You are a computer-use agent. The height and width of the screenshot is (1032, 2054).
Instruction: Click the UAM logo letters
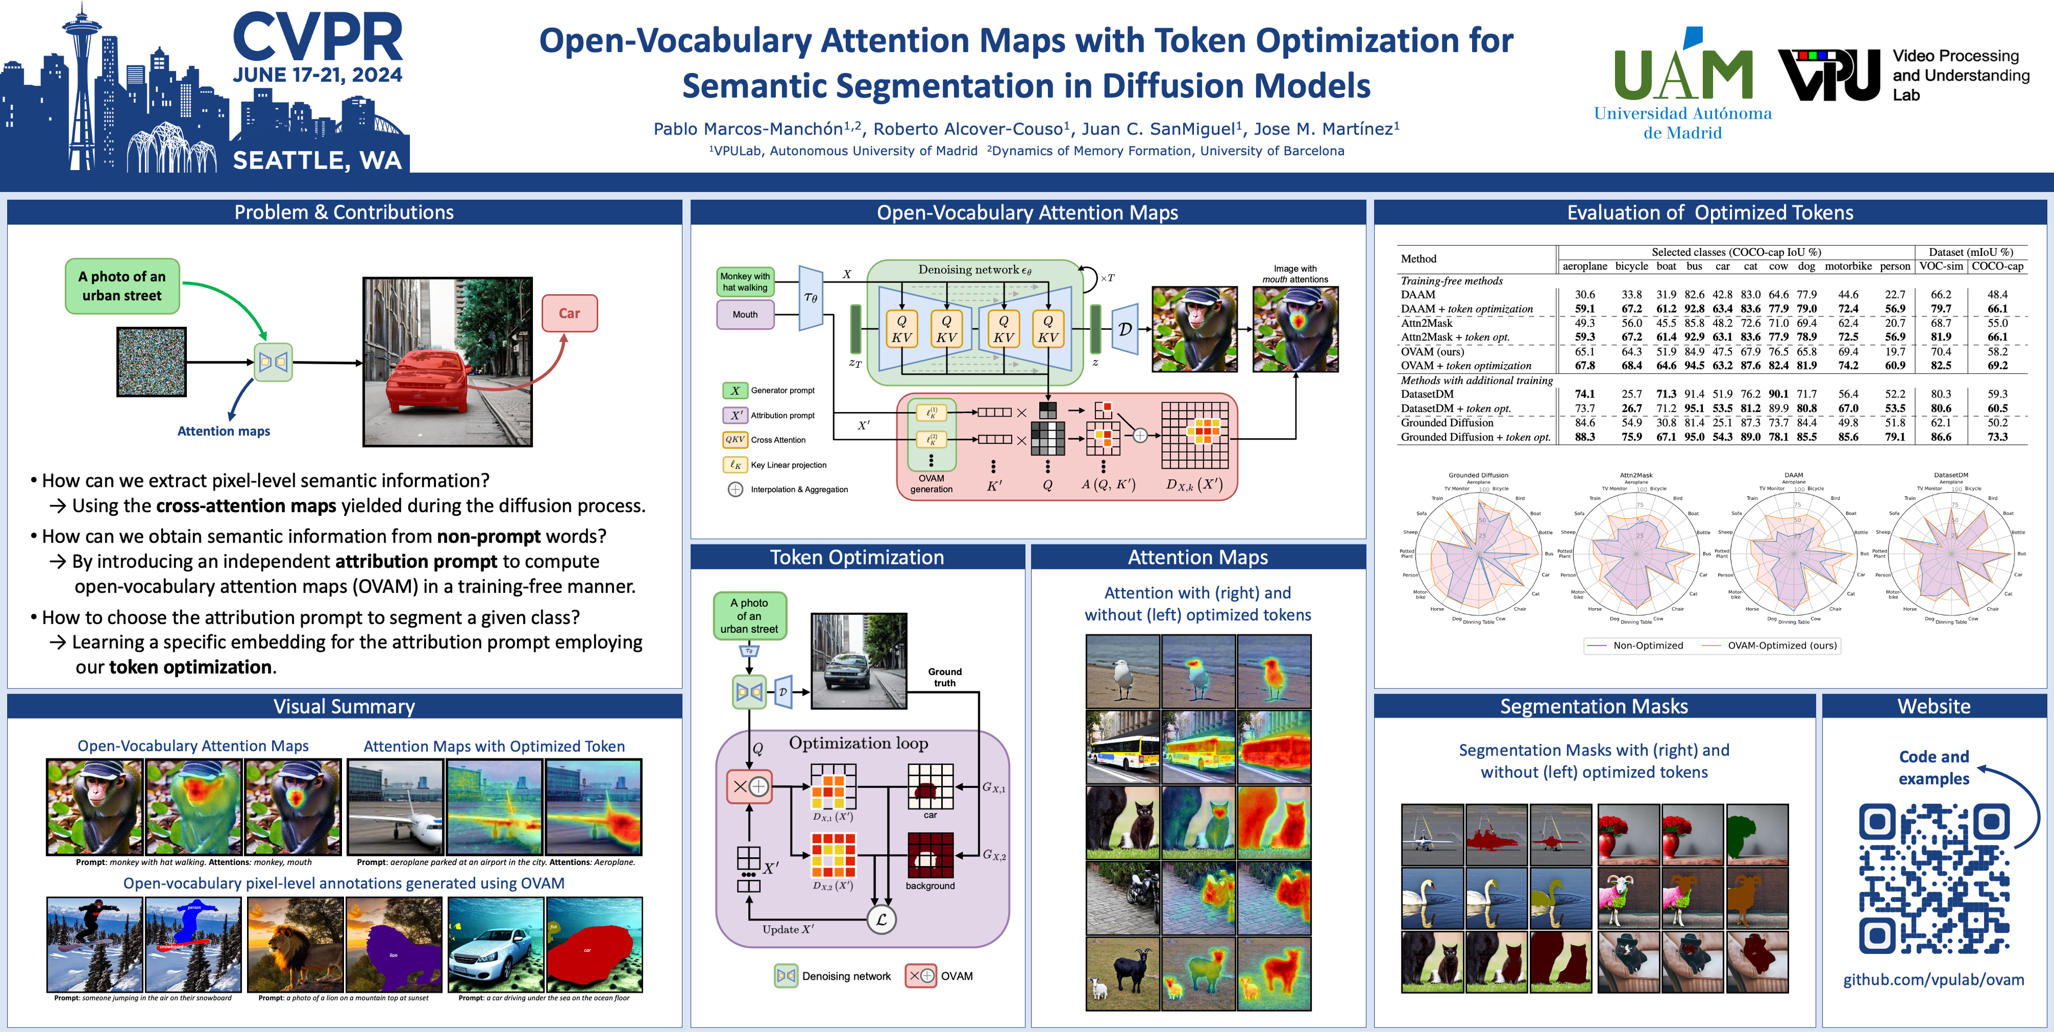(1682, 74)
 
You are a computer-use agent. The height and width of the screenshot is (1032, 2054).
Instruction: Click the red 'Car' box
(569, 313)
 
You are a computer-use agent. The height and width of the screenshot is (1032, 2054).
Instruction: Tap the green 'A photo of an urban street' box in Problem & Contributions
(122, 286)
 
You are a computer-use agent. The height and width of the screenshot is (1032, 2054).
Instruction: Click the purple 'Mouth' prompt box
(745, 314)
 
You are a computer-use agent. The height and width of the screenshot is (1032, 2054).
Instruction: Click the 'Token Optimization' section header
(857, 557)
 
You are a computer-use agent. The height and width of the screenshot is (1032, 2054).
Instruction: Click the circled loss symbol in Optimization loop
(881, 920)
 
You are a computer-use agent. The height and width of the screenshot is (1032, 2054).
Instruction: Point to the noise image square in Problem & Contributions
(151, 361)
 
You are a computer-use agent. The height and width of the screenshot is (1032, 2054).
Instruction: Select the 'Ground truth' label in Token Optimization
(944, 677)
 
